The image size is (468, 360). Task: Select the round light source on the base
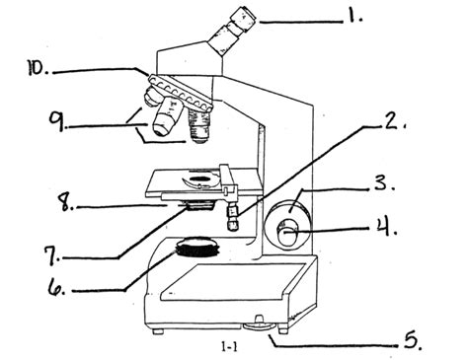198,247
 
